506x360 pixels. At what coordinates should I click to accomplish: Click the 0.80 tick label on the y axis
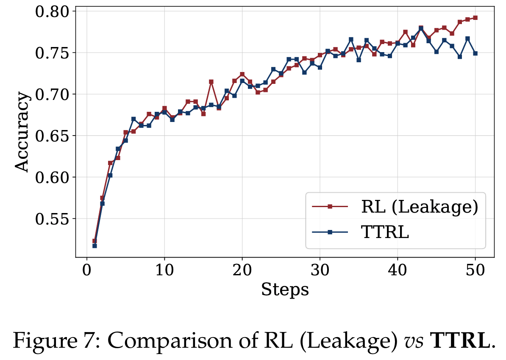(51, 12)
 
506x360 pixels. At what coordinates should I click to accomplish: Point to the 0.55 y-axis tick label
(51, 219)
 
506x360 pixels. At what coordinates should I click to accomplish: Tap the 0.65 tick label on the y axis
(51, 136)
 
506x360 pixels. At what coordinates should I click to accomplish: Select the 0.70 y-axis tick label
(51, 94)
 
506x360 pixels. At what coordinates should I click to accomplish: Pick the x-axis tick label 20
(242, 270)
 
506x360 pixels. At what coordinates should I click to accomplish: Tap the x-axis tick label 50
(475, 270)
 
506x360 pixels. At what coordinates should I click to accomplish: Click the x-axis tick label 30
(320, 270)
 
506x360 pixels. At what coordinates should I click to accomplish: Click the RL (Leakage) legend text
(420, 207)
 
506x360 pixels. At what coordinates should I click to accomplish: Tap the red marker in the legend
(330, 207)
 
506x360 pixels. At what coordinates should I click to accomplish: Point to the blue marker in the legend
(330, 232)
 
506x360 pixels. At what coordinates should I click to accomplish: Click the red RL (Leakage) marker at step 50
(475, 18)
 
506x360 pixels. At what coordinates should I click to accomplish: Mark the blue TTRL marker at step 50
(475, 53)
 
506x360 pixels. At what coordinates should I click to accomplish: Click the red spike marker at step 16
(211, 82)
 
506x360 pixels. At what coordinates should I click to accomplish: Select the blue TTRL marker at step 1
(95, 246)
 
